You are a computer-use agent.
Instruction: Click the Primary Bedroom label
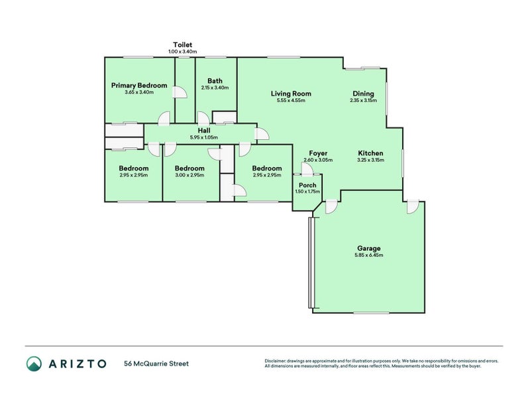pos(139,86)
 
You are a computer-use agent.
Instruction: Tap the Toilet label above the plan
pos(183,44)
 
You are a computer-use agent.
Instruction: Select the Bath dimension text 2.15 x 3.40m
pos(215,88)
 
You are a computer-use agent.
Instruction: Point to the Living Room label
pos(291,94)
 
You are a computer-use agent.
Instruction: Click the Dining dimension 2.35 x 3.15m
pos(363,100)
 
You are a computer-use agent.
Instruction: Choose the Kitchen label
pos(370,153)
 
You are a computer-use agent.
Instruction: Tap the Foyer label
pos(318,153)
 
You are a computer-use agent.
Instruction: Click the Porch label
pos(307,185)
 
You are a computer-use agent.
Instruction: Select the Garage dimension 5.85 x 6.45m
pos(369,255)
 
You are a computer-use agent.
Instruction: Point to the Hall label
pos(204,130)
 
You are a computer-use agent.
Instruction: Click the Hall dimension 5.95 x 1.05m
pos(204,137)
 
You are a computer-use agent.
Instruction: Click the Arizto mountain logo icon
pos(34,364)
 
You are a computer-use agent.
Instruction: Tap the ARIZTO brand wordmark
pos(78,364)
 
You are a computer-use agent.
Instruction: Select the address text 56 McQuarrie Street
pos(156,364)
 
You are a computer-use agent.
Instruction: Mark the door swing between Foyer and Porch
pos(307,170)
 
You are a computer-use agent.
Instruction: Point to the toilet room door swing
pos(180,92)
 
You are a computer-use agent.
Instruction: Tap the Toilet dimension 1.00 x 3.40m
pos(183,52)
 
